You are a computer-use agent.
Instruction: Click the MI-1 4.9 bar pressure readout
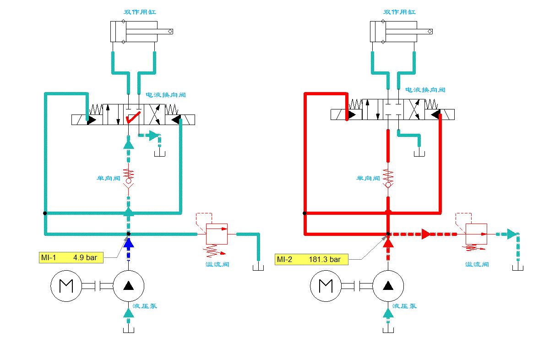[71, 258]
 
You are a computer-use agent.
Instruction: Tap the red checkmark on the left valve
[133, 118]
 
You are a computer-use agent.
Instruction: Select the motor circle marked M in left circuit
[66, 286]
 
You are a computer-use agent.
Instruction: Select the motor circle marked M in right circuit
[326, 286]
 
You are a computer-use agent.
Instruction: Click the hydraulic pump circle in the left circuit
[129, 286]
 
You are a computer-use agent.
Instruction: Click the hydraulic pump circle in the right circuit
[388, 286]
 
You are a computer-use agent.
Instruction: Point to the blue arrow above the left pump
[129, 243]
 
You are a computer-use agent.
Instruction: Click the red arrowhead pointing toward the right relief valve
[426, 234]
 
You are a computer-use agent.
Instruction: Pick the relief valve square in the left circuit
[217, 234]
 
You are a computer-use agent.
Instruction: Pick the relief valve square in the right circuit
[476, 234]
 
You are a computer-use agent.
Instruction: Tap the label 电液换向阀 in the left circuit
[166, 95]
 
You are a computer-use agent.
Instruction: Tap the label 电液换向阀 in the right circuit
[425, 90]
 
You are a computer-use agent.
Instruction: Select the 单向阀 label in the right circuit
[369, 178]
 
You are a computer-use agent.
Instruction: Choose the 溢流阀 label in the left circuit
[217, 264]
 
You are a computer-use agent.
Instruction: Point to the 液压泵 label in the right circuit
[404, 306]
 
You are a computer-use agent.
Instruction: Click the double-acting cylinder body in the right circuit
[393, 32]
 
